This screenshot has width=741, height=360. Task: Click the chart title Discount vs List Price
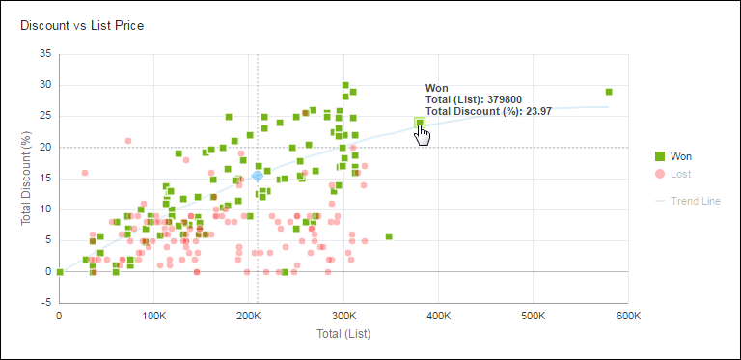[x=82, y=25]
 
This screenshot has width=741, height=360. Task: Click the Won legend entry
[x=682, y=156]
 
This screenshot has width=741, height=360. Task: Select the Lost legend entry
[x=682, y=175]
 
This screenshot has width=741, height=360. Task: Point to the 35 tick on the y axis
[x=44, y=54]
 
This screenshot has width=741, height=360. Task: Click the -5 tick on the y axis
[x=44, y=302]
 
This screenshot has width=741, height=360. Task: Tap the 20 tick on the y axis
[x=44, y=148]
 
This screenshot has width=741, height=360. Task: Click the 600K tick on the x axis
[x=628, y=317]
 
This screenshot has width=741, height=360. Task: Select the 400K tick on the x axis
[x=439, y=317]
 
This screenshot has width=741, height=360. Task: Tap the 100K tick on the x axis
[x=154, y=317]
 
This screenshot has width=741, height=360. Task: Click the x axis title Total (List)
[x=343, y=334]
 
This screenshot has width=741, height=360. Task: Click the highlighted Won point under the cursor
[x=420, y=123]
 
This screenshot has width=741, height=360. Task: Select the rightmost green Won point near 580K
[x=609, y=92]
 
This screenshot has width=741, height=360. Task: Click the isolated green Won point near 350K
[x=389, y=236]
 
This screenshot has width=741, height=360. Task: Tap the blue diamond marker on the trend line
[x=258, y=176]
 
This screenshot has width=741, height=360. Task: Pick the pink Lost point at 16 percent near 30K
[x=85, y=173]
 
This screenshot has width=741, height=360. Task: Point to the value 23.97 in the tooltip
[x=537, y=111]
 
